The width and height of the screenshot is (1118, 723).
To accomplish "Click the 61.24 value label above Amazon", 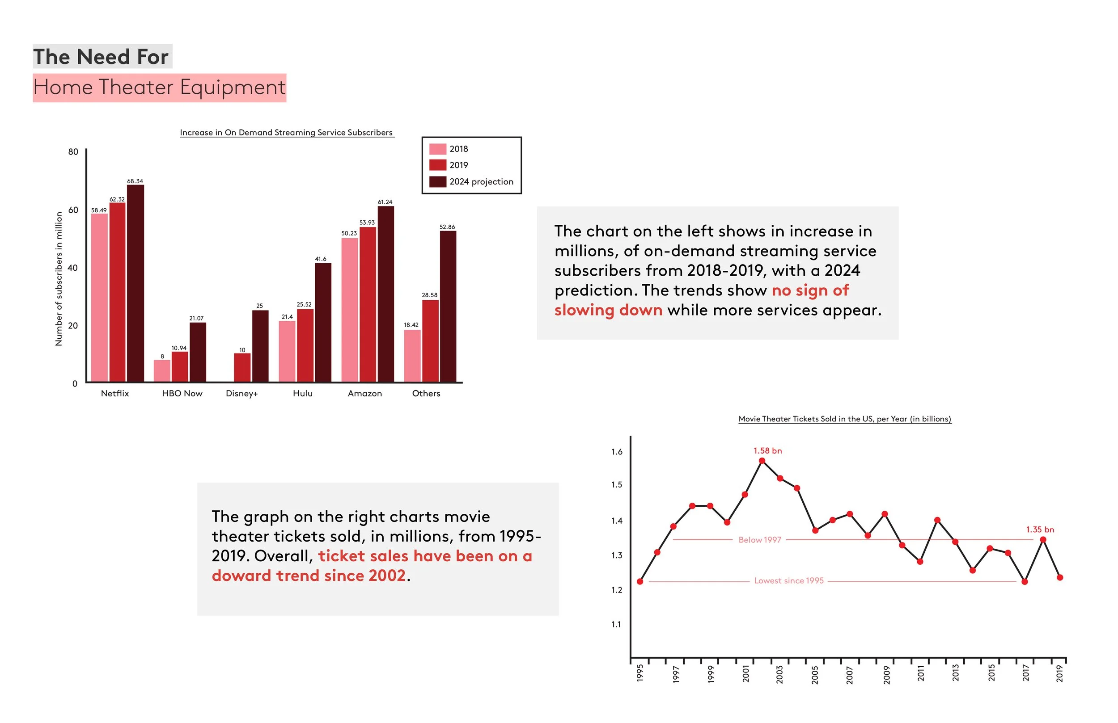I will tap(385, 202).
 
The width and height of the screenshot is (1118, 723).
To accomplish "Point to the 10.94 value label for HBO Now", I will tap(179, 348).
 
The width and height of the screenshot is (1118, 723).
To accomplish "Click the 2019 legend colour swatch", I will tap(437, 165).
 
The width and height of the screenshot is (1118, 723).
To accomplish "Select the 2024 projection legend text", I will tap(481, 182).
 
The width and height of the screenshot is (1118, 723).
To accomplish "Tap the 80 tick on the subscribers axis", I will tap(73, 151).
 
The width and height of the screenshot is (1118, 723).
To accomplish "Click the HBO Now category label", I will tap(182, 393).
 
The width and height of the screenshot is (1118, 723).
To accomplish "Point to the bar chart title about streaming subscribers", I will tap(286, 132).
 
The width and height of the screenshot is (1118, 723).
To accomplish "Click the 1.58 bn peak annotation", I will tap(767, 451).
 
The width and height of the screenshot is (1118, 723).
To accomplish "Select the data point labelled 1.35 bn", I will tap(1043, 539).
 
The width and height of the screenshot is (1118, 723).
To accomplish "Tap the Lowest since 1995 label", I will tap(789, 581).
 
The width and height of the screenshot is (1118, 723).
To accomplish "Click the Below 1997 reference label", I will tap(760, 540).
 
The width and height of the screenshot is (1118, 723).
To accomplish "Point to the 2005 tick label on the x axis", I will tap(815, 675).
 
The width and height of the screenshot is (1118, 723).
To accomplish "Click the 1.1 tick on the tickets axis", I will tap(616, 624).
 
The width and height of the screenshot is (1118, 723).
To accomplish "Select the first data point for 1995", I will tap(640, 581).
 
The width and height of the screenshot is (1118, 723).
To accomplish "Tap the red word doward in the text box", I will tap(241, 576).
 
